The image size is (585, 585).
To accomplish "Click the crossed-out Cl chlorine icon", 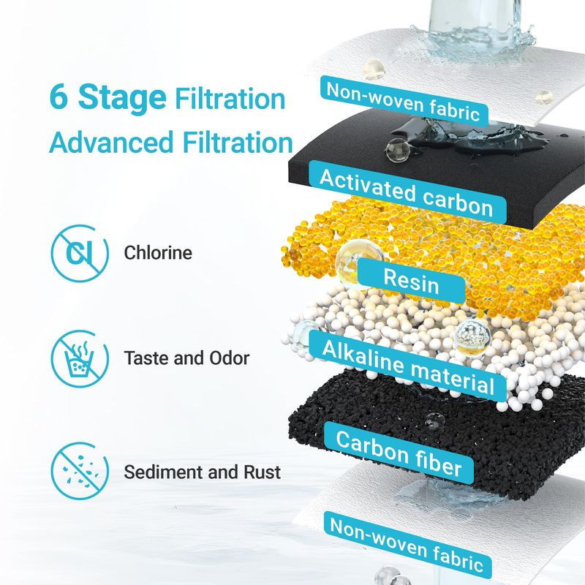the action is (x=80, y=253).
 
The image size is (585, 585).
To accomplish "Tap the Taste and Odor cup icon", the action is (x=80, y=358).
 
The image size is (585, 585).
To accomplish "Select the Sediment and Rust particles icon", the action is (x=80, y=471).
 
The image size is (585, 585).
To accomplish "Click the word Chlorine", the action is (x=158, y=252).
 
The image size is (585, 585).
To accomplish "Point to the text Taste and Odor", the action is (x=186, y=358).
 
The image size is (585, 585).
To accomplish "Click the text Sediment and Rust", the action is (x=203, y=472).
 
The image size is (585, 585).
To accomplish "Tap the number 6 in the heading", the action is (x=58, y=97).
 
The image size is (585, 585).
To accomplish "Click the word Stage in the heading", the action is (x=122, y=98).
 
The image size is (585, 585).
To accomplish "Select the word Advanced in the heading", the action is (x=112, y=142).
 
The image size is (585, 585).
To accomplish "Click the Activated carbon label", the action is (x=407, y=192).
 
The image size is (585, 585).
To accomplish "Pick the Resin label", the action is (x=411, y=281).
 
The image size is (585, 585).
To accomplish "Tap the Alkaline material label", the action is (x=408, y=366).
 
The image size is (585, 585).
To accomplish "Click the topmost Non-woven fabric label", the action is (x=404, y=101).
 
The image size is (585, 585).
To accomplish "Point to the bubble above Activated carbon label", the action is (x=398, y=151).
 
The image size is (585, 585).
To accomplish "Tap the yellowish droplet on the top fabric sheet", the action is (x=373, y=69).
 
